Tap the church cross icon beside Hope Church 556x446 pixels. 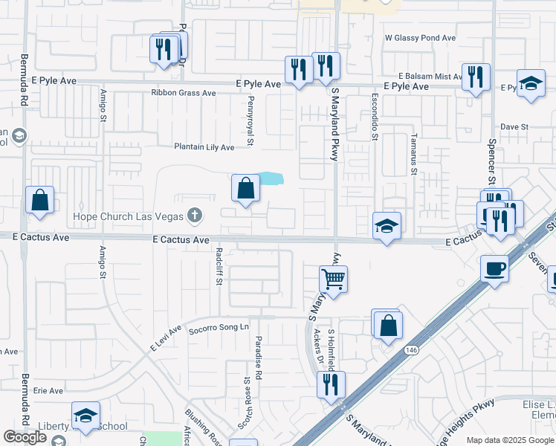click(195, 216)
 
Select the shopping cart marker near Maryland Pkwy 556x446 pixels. click(334, 280)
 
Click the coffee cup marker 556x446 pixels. click(494, 268)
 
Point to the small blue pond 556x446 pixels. click(271, 178)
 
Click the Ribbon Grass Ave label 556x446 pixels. click(183, 93)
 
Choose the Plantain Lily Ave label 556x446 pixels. click(204, 147)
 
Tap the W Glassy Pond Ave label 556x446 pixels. click(420, 37)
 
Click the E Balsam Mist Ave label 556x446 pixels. click(430, 77)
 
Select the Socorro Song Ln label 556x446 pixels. click(218, 329)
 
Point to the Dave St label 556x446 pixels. click(514, 127)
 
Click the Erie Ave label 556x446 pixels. click(48, 390)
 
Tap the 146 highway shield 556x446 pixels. click(410, 349)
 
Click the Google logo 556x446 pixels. click(25, 438)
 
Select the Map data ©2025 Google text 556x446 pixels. click(510, 440)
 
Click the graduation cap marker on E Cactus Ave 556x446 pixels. click(387, 226)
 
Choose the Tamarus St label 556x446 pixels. click(414, 156)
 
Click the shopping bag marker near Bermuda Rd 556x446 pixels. click(39, 201)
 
